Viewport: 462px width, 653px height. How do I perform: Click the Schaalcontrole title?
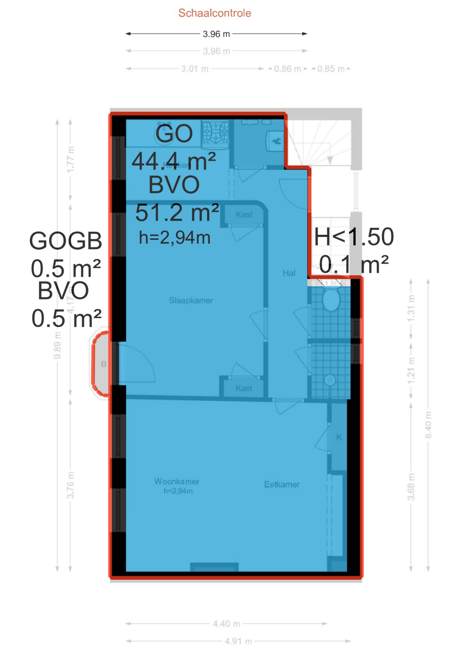point(215,13)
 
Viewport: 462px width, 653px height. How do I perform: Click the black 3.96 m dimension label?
point(216,34)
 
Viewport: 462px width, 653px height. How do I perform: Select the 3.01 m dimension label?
point(195,69)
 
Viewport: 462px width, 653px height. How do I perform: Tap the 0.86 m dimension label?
point(287,69)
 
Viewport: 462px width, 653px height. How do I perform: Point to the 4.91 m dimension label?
point(238,641)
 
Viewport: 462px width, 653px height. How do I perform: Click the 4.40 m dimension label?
point(226,624)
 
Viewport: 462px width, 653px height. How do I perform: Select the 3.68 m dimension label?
point(411,487)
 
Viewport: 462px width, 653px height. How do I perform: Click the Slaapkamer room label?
point(191,300)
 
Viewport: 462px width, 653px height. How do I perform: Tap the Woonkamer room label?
point(177,482)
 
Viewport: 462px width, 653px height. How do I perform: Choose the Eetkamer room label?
point(282,484)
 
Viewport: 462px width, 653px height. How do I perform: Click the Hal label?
point(289,273)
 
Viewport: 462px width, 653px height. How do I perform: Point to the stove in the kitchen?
point(216,132)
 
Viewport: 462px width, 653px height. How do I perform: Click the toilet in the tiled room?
point(331,299)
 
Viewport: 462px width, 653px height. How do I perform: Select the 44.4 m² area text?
point(174,161)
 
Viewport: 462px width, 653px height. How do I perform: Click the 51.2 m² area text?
point(177,213)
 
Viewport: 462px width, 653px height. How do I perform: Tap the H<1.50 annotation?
point(354,237)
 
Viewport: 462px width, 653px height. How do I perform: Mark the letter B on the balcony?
point(104,364)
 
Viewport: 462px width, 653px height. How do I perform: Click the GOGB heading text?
point(65,241)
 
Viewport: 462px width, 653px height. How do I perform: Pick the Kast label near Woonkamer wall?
point(244,388)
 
